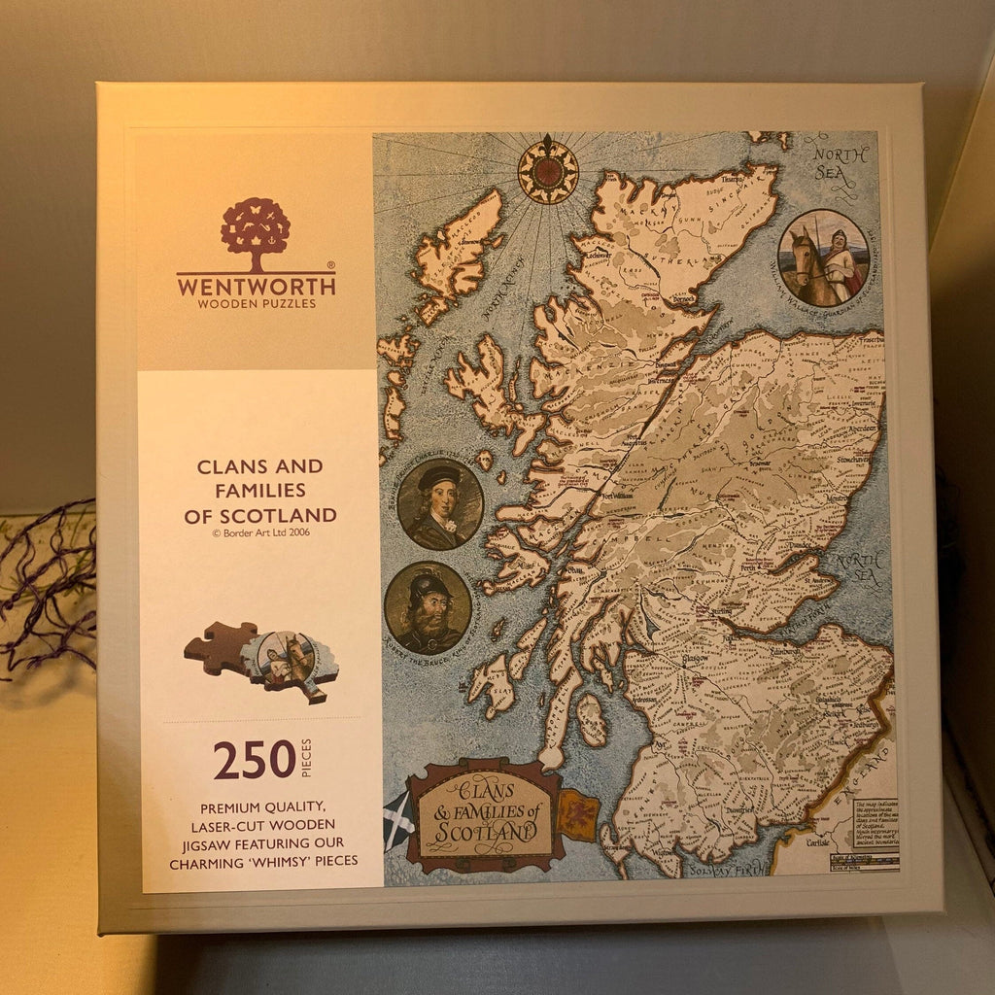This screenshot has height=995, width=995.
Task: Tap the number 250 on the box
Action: click(254, 760)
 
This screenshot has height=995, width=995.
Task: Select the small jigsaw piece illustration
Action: click(260, 661)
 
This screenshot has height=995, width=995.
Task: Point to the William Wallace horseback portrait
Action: click(823, 258)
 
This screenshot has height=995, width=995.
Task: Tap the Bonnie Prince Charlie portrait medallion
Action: click(439, 504)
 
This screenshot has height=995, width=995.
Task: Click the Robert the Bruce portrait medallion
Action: click(428, 607)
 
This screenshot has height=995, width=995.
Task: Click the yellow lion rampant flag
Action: click(576, 814)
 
